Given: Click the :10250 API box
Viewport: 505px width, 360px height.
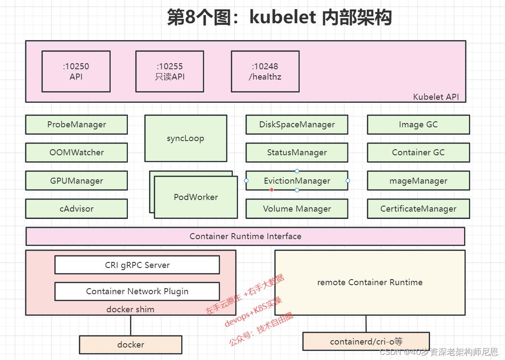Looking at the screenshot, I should [76, 71].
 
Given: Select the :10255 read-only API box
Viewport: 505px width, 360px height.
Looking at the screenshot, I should [170, 71].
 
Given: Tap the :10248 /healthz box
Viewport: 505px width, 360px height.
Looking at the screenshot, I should [265, 71].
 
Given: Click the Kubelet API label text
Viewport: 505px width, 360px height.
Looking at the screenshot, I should [436, 97].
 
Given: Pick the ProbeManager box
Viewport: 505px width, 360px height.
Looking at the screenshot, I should [76, 124].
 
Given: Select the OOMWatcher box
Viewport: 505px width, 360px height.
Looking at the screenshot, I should [76, 152].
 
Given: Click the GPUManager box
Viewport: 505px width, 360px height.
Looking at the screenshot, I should [76, 181].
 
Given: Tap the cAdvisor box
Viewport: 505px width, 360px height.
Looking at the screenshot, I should [76, 209].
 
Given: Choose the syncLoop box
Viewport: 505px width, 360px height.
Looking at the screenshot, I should [186, 138].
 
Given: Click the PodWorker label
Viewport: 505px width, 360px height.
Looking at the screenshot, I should [196, 197].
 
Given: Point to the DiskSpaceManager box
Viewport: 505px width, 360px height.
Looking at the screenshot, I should [297, 124].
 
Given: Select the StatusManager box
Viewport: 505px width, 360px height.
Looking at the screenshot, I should [297, 152].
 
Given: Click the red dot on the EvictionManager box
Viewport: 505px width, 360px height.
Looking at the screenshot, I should [271, 190].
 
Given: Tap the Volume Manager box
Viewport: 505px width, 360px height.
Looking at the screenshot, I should [297, 209].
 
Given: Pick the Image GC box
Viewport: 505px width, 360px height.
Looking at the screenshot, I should [418, 124].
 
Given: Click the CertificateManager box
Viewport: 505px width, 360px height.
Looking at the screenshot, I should [418, 209].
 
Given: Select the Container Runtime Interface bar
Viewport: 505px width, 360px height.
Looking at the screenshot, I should [245, 236].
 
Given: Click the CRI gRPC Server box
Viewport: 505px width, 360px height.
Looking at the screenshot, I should [137, 265].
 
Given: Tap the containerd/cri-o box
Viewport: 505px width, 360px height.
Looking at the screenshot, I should [366, 342].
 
